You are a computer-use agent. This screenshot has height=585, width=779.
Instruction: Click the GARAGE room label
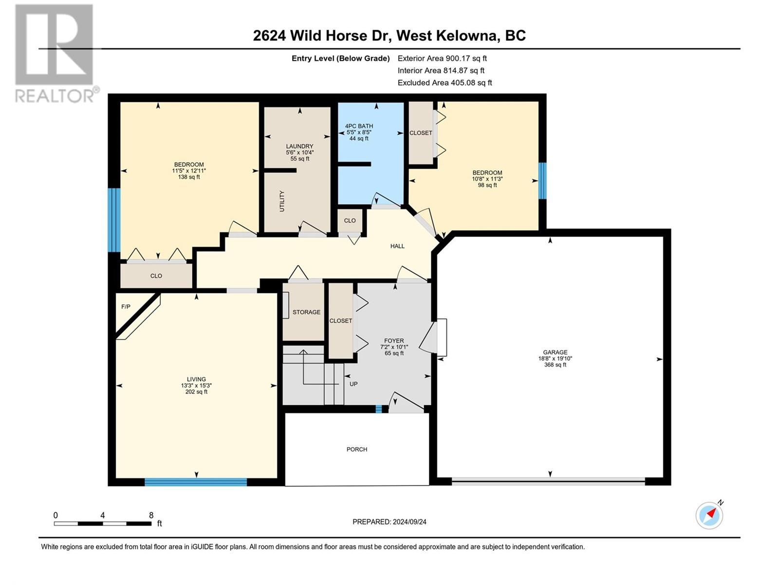(555, 352)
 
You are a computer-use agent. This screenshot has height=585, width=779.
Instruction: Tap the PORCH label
(357, 449)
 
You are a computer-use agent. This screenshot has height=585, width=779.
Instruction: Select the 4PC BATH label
(359, 126)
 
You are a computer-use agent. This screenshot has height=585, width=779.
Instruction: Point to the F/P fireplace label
(126, 307)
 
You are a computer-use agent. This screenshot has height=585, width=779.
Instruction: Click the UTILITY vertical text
(282, 201)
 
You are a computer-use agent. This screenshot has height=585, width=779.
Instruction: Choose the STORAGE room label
(306, 312)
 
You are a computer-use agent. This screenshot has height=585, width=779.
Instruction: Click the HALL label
(397, 246)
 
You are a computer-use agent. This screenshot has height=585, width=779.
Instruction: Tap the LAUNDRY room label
(299, 146)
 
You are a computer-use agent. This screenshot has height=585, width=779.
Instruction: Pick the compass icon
(709, 516)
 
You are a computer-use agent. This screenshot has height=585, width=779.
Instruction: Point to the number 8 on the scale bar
(151, 515)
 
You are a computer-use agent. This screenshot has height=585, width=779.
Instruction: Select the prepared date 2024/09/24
(409, 522)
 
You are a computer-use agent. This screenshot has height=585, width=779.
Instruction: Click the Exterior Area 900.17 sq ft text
(442, 58)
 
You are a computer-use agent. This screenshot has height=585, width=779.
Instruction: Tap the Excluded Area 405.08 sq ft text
(445, 82)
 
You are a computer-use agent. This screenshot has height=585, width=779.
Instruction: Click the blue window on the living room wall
(196, 482)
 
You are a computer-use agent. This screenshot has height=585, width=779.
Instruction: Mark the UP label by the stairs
(353, 384)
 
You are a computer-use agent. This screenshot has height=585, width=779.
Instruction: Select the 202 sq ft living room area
(196, 392)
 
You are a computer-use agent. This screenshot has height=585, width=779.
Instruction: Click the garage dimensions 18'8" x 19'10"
(555, 358)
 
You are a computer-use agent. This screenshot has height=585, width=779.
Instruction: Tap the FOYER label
(394, 341)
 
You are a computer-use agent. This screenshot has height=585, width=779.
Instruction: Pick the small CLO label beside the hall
(350, 220)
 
